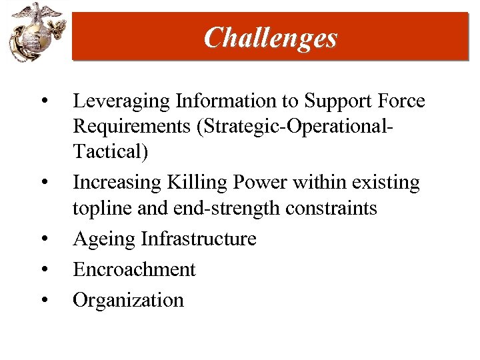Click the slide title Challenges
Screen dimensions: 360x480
[271, 37]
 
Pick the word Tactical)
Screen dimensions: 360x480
[111, 153]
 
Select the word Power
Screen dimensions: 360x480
[267, 182]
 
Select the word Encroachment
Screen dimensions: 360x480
[134, 269]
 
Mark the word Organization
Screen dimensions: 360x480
[128, 300]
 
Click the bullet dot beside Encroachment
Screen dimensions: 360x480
[43, 270]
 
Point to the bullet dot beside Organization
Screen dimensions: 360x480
[43, 301]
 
